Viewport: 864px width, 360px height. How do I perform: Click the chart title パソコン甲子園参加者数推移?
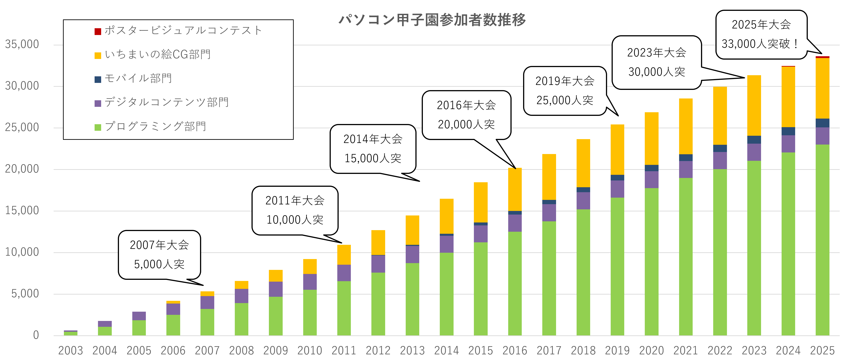pos(432,20)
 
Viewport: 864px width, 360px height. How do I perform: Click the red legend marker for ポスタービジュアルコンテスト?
pos(98,32)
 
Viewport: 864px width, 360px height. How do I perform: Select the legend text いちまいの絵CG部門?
pos(158,54)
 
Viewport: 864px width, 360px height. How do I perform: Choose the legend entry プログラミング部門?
pos(155,126)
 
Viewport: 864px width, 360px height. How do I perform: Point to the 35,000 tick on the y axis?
pos(22,44)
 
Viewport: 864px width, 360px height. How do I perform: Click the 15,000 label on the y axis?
pos(22,211)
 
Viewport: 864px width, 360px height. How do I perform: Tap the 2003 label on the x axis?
pos(70,351)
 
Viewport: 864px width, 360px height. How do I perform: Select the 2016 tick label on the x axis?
pos(515,351)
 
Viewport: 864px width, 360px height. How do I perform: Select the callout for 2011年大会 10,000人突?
pos(295,210)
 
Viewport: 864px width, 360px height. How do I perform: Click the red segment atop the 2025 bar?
pos(822,57)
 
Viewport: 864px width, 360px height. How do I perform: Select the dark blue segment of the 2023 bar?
pos(754,140)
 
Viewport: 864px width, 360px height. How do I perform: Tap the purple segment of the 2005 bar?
pos(139,316)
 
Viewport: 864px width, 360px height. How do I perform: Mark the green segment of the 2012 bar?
pos(378,304)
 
